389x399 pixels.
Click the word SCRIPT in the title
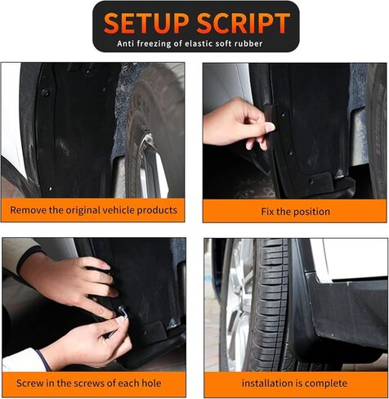242,22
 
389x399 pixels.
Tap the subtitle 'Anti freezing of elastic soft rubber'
194,43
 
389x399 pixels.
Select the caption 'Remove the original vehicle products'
93,210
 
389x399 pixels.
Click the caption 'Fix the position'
295,211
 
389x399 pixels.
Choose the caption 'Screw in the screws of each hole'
93,383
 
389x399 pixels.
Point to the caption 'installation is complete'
295,383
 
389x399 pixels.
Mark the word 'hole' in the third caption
150,383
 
